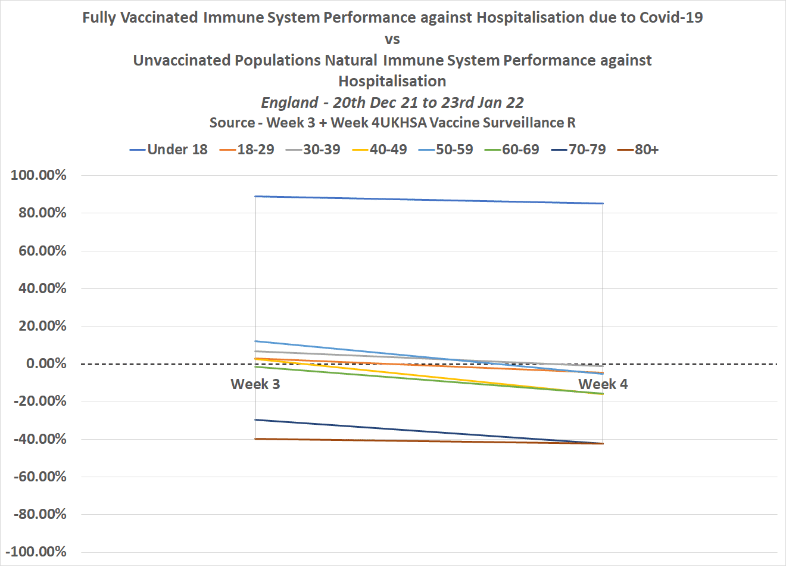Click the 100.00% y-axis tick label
(39, 175)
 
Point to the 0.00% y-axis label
(46, 363)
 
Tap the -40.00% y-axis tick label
(39, 439)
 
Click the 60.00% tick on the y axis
(42, 251)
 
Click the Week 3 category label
(255, 384)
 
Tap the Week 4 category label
(603, 384)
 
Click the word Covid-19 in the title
(671, 17)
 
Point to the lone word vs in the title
(392, 39)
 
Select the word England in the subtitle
(289, 102)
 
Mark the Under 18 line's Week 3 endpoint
(255, 196)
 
